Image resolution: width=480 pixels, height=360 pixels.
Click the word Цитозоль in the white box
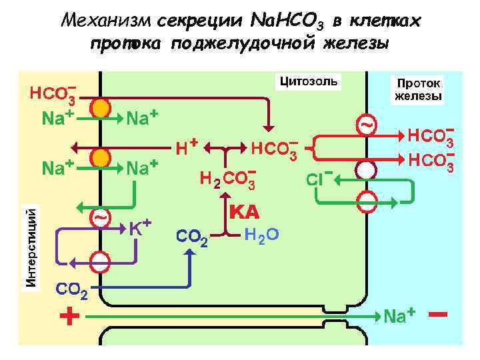pos(309,82)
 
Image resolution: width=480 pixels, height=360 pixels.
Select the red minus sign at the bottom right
pos(438,313)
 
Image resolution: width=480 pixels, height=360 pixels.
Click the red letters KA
pos(244,213)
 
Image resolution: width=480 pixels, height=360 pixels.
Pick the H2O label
pos(261,235)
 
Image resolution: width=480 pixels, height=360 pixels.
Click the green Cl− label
pos(319,179)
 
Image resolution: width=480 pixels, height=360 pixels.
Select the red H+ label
pos(186,145)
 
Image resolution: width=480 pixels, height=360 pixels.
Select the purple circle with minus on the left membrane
pos(101,260)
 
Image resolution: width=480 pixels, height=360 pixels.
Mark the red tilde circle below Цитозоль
pos(366,125)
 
